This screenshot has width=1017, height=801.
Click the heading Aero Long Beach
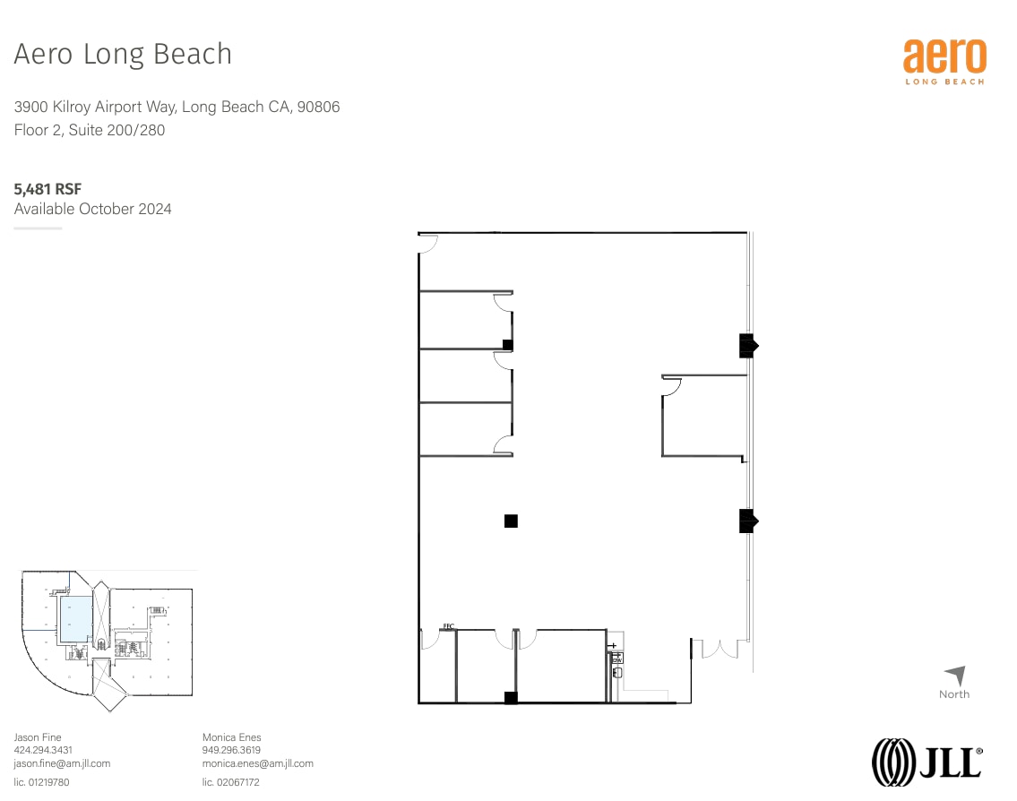(x=123, y=55)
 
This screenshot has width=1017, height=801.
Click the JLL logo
(x=927, y=762)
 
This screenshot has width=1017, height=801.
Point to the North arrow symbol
(x=955, y=676)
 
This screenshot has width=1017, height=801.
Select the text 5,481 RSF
(x=47, y=189)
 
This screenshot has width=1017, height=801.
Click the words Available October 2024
(x=92, y=209)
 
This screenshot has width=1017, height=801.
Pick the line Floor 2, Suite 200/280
(x=90, y=130)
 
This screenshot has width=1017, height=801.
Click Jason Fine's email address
(x=62, y=763)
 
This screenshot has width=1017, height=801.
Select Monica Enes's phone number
(x=231, y=750)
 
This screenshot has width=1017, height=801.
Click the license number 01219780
(x=41, y=782)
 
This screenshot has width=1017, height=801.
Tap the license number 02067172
(x=230, y=782)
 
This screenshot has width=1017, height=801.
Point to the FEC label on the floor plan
(x=448, y=625)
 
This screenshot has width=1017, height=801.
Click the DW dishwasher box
(x=616, y=659)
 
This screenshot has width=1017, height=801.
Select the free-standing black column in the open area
(x=511, y=521)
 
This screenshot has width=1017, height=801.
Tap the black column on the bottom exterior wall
(x=511, y=698)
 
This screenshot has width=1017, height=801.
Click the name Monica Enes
(x=231, y=737)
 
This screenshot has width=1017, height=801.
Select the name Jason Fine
(x=38, y=737)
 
